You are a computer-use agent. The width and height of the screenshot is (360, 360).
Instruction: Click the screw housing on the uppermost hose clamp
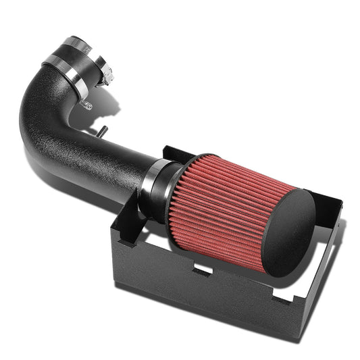106,74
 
